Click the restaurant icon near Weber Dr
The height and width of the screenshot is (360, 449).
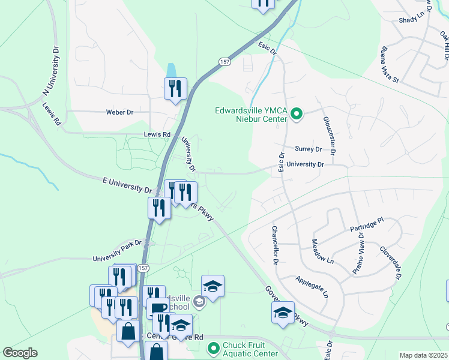(x=176, y=89)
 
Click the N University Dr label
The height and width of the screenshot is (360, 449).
(x=52, y=70)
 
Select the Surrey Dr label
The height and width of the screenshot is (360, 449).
(x=308, y=149)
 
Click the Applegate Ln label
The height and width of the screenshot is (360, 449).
(x=312, y=287)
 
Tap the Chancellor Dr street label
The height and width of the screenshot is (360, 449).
(x=274, y=245)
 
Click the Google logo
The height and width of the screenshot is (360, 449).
(x=20, y=353)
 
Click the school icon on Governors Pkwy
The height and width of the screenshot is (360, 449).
(x=283, y=313)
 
